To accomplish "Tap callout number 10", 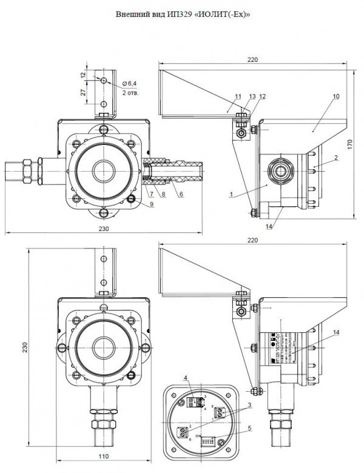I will click(335, 96).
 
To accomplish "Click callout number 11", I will click(237, 96).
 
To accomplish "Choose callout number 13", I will click(251, 96).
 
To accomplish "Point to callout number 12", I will click(262, 96).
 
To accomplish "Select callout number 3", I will click(249, 405).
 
